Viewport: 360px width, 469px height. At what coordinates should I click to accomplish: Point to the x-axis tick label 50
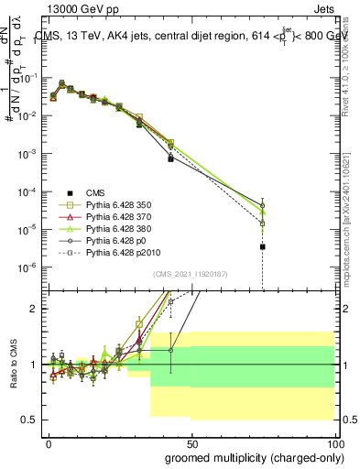click(x=191, y=442)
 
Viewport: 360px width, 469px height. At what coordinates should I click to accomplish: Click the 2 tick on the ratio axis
click(x=35, y=309)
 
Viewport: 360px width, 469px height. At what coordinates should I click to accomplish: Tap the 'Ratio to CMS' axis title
click(x=13, y=363)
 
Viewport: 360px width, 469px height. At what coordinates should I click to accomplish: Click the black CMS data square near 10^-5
click(x=263, y=246)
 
